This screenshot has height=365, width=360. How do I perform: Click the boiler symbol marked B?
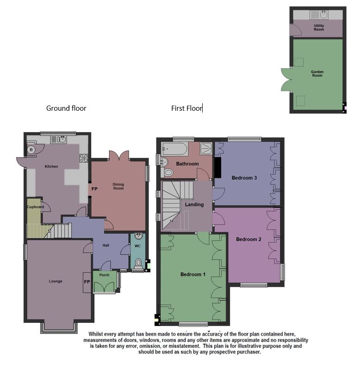[31, 150]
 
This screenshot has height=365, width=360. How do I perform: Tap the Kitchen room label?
[51, 166]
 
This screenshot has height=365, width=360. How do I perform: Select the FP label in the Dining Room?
[94, 189]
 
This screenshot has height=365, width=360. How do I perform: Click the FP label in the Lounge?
[87, 281]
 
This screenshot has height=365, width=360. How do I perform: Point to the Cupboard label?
[35, 207]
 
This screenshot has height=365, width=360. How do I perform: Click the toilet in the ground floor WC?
[137, 264]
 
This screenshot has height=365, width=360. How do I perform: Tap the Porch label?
[104, 275]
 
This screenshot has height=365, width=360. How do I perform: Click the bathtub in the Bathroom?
[175, 149]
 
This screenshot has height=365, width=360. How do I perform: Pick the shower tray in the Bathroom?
[206, 148]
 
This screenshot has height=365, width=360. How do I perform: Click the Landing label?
[194, 205]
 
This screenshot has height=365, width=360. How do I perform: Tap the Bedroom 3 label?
[244, 178]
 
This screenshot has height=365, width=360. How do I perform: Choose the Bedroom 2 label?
[249, 239]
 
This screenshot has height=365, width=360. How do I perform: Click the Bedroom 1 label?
[193, 274]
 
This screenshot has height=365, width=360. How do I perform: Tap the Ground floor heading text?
[66, 108]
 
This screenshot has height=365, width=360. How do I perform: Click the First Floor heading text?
[186, 108]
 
